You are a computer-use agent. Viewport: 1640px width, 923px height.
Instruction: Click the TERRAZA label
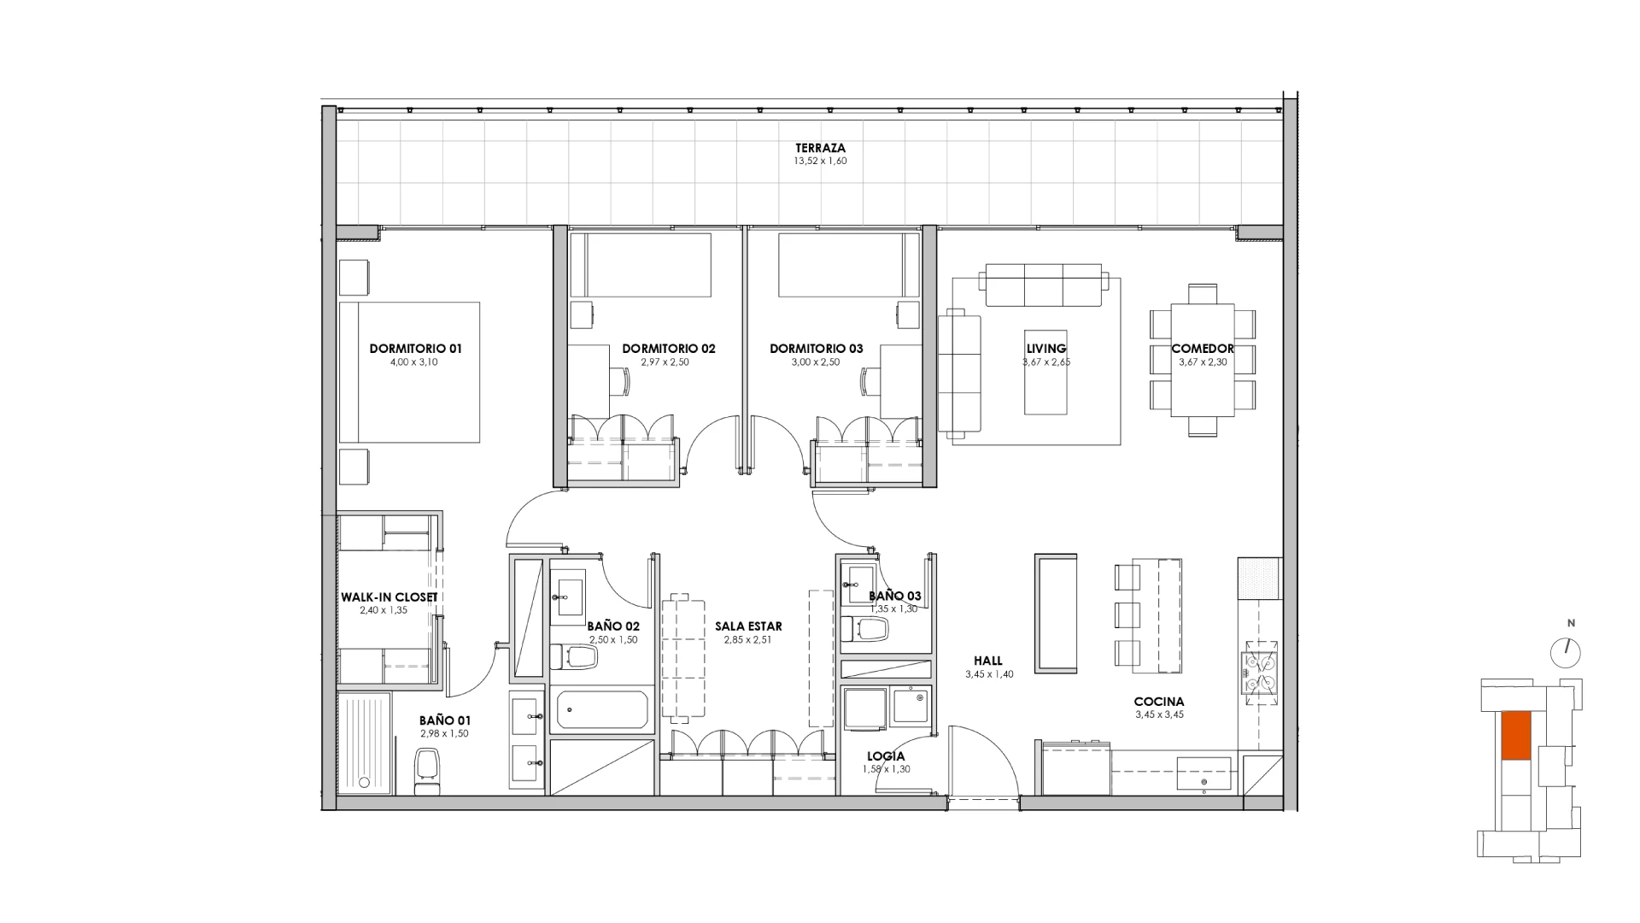point(820,148)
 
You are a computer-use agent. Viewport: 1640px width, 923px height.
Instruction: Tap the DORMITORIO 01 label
point(415,349)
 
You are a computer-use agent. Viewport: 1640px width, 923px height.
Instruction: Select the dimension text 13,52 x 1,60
point(820,161)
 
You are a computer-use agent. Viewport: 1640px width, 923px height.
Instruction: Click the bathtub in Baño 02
point(602,711)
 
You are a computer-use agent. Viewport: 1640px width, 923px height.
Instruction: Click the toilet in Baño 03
point(865,630)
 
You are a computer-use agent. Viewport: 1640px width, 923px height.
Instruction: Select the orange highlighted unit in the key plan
point(1515,736)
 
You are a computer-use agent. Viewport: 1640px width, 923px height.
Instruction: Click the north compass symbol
point(1566,653)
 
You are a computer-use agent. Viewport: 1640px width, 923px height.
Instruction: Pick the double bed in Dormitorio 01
point(409,372)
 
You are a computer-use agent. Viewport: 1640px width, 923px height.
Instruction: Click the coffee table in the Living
point(1045,372)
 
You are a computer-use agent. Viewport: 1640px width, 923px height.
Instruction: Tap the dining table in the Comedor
point(1202,360)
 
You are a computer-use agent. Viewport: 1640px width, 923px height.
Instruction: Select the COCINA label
point(1159,702)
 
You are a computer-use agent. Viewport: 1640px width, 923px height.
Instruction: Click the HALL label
point(988,661)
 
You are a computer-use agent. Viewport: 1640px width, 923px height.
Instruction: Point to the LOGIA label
point(886,756)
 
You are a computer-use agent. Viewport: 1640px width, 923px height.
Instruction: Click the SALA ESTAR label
point(748,626)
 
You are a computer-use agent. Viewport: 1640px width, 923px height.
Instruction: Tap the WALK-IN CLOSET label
point(389,597)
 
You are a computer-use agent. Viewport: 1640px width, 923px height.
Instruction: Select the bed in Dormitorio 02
point(641,265)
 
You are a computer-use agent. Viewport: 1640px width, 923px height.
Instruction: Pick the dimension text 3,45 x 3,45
point(1159,714)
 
